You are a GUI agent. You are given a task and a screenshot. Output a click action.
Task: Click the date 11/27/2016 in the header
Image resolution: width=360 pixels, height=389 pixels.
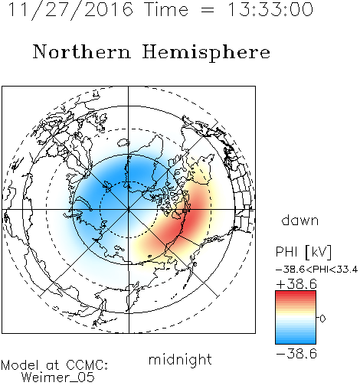coord(70,9)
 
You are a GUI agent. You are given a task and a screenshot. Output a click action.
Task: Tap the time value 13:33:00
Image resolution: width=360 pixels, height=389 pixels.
coord(270,9)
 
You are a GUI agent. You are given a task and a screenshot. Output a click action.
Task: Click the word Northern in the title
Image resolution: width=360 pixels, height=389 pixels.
coord(82,51)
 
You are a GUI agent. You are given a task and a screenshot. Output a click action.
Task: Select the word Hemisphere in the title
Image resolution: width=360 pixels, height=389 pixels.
coord(206,52)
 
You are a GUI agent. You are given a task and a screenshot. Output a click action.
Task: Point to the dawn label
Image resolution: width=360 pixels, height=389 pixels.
coord(300,220)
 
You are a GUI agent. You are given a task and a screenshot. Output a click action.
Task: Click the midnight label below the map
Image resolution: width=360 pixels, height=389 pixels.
coord(180,359)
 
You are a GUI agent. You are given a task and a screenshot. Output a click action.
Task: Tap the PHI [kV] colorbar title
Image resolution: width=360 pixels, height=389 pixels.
coord(303,252)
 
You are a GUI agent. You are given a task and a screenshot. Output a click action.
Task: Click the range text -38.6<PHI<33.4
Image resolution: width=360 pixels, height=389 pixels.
coord(316,270)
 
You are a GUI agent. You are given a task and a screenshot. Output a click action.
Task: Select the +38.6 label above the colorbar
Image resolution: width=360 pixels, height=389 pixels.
coord(296,284)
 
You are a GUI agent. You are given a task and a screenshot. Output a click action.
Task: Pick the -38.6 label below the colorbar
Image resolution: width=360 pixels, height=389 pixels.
coord(296,354)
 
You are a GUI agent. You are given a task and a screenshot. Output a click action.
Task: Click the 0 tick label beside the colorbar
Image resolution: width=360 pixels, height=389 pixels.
coord(322,319)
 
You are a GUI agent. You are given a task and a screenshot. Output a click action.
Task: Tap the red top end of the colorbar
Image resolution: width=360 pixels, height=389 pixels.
coord(296,293)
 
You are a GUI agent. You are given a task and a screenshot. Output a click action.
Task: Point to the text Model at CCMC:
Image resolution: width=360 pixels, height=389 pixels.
coord(54,365)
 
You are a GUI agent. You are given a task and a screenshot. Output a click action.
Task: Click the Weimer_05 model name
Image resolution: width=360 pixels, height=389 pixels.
coord(58,378)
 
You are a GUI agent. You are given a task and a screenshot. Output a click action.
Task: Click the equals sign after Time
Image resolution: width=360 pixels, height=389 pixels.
coord(208,10)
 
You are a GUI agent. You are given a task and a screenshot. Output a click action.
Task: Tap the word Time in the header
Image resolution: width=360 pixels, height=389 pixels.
coord(166,9)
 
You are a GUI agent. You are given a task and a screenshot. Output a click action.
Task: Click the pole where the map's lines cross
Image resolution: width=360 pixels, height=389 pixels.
coord(129,210)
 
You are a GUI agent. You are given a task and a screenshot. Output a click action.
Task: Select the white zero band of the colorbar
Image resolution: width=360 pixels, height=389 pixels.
coord(296,318)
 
